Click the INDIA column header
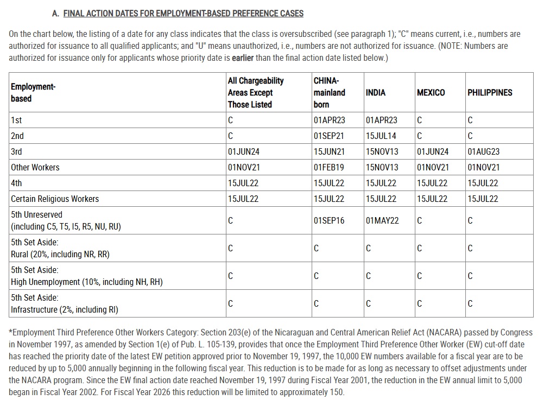pyautogui.click(x=376, y=93)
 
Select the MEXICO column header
pyautogui.click(x=431, y=93)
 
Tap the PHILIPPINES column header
pyautogui.click(x=490, y=93)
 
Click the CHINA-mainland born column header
pyautogui.click(x=330, y=92)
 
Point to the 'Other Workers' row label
pyautogui.click(x=35, y=168)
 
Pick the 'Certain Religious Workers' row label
pyautogui.click(x=55, y=199)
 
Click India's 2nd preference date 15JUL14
pyautogui.click(x=381, y=136)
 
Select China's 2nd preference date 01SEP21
pyautogui.click(x=329, y=136)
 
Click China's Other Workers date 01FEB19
pyautogui.click(x=329, y=168)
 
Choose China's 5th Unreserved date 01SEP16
pyautogui.click(x=329, y=221)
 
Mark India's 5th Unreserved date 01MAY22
pyautogui.click(x=382, y=221)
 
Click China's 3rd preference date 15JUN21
pyautogui.click(x=329, y=152)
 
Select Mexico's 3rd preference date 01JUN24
pyautogui.click(x=433, y=152)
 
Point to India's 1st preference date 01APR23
pyautogui.click(x=382, y=120)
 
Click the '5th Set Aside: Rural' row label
pyautogui.click(x=60, y=249)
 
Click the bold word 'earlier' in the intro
pyautogui.click(x=243, y=58)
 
